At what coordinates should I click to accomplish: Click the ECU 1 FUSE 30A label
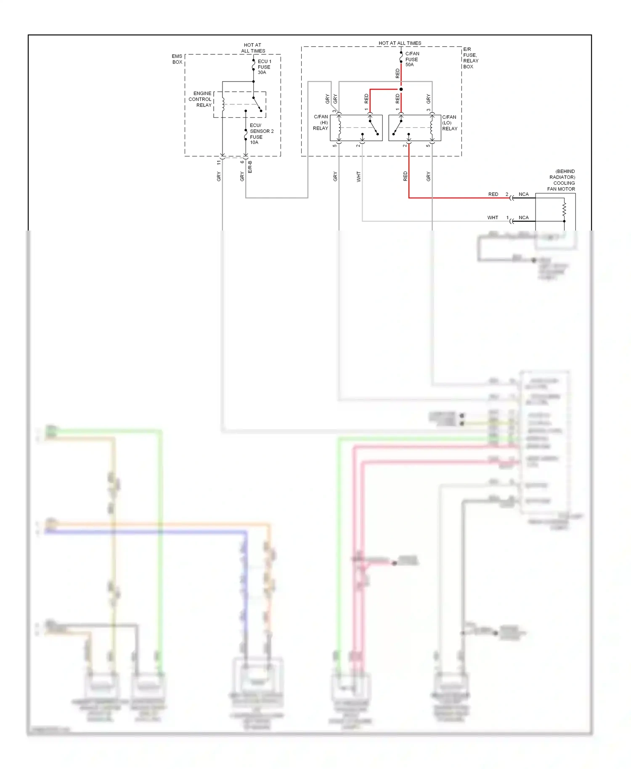[x=264, y=67]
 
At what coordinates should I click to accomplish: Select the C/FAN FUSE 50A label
[x=412, y=59]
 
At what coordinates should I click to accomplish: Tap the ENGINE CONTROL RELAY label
[x=201, y=99]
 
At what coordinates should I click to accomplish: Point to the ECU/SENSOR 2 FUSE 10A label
[x=261, y=134]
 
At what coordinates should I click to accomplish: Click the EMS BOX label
[x=177, y=59]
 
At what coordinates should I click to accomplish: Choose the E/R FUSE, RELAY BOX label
[x=470, y=58]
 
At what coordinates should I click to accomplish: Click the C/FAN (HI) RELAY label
[x=321, y=122]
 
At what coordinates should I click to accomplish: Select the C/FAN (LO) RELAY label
[x=449, y=123]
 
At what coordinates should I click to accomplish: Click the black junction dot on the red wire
[x=401, y=89]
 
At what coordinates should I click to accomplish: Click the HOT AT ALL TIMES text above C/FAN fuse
[x=400, y=43]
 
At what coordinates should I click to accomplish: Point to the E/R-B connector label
[x=250, y=167]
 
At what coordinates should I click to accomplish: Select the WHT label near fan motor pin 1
[x=493, y=217]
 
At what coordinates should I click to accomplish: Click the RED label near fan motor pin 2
[x=493, y=194]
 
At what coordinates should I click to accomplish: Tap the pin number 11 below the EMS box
[x=219, y=162]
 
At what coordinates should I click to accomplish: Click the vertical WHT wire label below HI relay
[x=358, y=176]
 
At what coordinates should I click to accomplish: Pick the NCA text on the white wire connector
[x=523, y=217]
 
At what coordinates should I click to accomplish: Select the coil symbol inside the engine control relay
[x=223, y=104]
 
